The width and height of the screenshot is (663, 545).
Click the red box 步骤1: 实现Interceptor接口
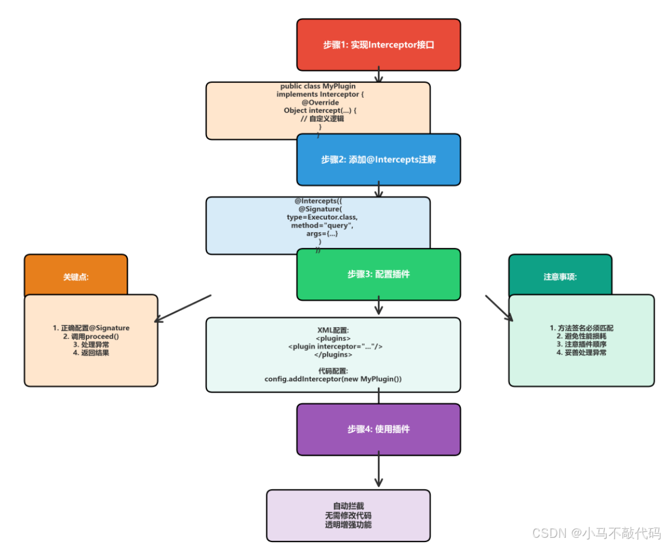coord(378,44)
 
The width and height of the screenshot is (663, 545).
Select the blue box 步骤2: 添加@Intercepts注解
coord(378,160)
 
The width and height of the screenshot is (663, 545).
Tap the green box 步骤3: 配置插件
coord(378,274)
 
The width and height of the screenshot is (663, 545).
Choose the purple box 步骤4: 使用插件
coord(378,429)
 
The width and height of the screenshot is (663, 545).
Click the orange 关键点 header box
coord(76,277)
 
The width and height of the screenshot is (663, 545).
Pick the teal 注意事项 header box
coord(560,277)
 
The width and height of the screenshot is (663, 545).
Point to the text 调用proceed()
coord(91,337)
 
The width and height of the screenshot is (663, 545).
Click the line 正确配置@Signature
coord(91,328)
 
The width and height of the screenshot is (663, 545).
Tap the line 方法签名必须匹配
coord(581,328)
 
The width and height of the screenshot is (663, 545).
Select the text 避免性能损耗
coord(581,337)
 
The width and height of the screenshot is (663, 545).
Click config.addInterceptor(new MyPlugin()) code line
coord(333,379)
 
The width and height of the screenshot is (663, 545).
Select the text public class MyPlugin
coord(318,86)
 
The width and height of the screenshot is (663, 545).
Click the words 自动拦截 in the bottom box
coord(348,506)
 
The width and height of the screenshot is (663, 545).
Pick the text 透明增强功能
coord(348,525)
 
